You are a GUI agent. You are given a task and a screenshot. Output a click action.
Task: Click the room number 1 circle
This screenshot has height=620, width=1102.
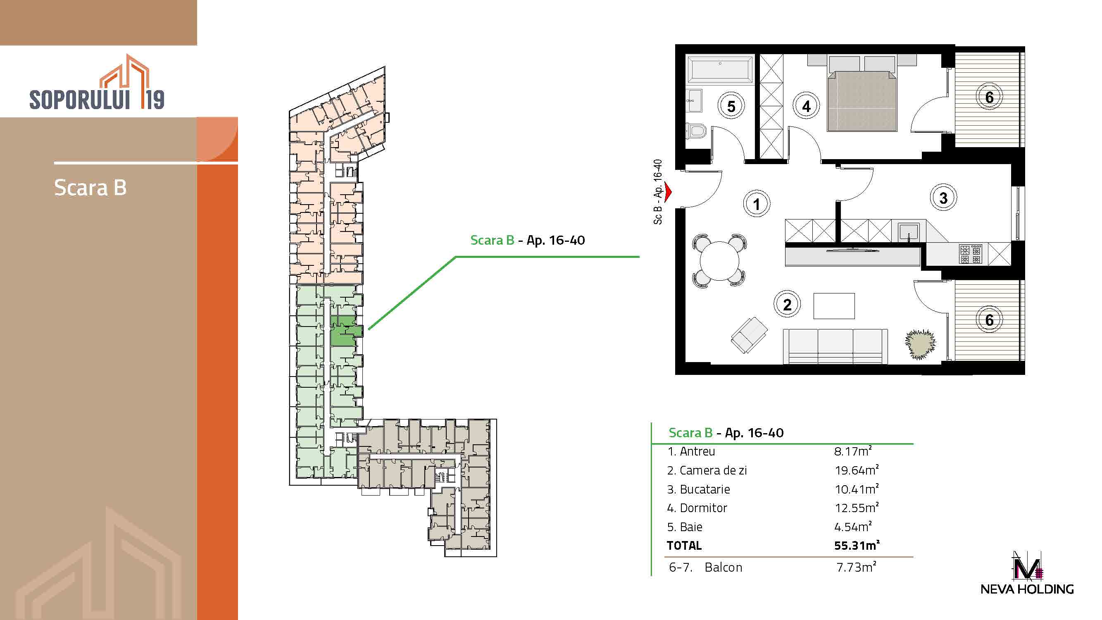[756, 204]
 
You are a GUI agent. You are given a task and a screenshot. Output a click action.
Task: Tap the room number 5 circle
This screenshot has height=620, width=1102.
[731, 106]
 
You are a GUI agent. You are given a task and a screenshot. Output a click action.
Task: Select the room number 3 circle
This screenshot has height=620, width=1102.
[943, 198]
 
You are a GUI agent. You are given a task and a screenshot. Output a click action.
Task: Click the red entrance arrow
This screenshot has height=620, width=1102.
[667, 192]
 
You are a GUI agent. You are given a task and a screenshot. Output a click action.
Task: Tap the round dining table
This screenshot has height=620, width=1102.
[719, 260]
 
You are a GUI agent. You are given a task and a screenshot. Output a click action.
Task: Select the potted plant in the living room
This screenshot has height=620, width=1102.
[920, 343]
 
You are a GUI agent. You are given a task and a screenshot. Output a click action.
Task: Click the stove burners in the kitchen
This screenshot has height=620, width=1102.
[970, 254]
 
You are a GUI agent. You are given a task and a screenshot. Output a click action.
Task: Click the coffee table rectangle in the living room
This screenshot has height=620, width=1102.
[834, 306]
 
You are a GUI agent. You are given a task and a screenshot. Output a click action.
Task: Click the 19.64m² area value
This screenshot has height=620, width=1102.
[857, 470]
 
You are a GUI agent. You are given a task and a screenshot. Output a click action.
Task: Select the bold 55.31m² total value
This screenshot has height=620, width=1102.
[857, 545]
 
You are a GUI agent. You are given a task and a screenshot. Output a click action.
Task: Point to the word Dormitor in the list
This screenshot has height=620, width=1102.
[703, 508]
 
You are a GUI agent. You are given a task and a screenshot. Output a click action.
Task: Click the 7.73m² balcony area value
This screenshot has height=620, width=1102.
[857, 567]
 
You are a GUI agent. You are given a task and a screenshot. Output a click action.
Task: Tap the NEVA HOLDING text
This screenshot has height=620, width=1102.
[1027, 589]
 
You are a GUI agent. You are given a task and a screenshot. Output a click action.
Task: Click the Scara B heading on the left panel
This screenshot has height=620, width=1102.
[90, 187]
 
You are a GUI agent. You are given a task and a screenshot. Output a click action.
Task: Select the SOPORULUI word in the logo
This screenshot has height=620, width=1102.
[80, 99]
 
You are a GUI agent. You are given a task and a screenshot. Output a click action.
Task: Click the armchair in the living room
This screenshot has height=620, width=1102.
[749, 335]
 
